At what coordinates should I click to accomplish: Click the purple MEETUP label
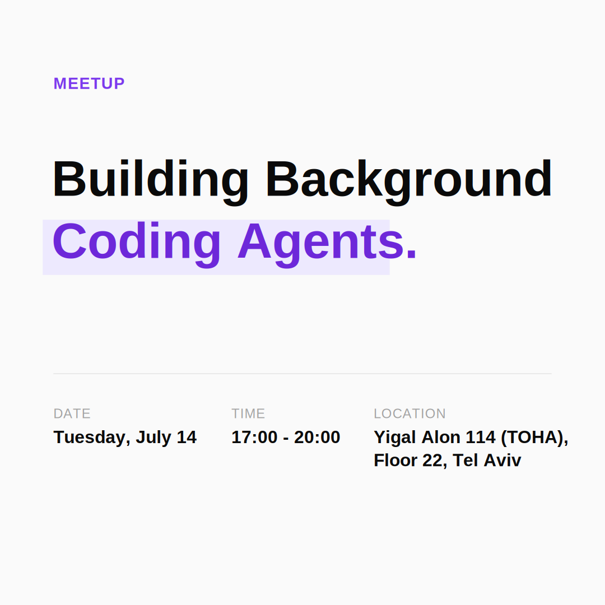pyautogui.click(x=89, y=83)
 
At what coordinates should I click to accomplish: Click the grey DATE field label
pyautogui.click(x=72, y=413)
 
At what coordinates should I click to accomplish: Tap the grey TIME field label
pyautogui.click(x=248, y=413)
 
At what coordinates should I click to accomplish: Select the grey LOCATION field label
pyautogui.click(x=409, y=413)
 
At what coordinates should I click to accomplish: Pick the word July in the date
pyautogui.click(x=153, y=438)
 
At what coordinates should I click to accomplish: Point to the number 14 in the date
pyautogui.click(x=187, y=437)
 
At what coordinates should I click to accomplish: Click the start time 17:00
pyautogui.click(x=254, y=437)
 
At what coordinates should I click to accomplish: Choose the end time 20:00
pyautogui.click(x=317, y=437)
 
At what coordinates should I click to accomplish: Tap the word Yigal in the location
pyautogui.click(x=395, y=438)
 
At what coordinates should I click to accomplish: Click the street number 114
pyautogui.click(x=481, y=437)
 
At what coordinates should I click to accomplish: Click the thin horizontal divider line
pyautogui.click(x=302, y=374)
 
